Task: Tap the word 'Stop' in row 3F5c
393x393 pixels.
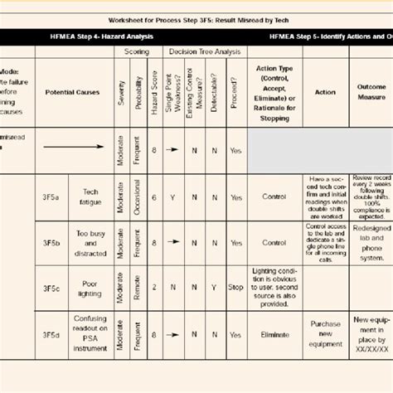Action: (235, 288)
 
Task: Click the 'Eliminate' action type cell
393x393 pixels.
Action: (274, 334)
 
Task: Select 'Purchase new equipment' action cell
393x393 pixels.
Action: (325, 333)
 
